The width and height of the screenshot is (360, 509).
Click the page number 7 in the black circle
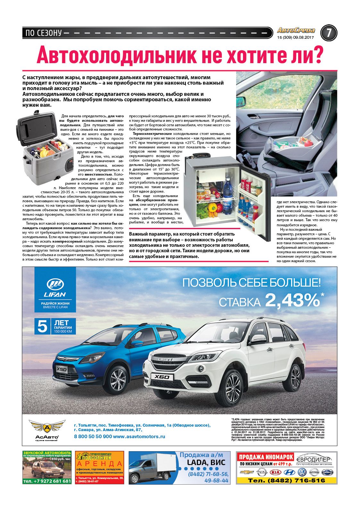[x=328, y=33]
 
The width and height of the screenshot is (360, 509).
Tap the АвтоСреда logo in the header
[x=296, y=30]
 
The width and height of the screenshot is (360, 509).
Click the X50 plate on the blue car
[x=62, y=369]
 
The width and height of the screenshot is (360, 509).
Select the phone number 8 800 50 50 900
[x=93, y=436]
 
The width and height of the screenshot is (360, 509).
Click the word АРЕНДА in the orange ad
[x=99, y=464]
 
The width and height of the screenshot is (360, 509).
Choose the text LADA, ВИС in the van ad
[x=206, y=462]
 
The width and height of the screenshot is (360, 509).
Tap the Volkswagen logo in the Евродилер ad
[x=302, y=472]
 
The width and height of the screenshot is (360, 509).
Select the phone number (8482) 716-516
[x=286, y=480]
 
